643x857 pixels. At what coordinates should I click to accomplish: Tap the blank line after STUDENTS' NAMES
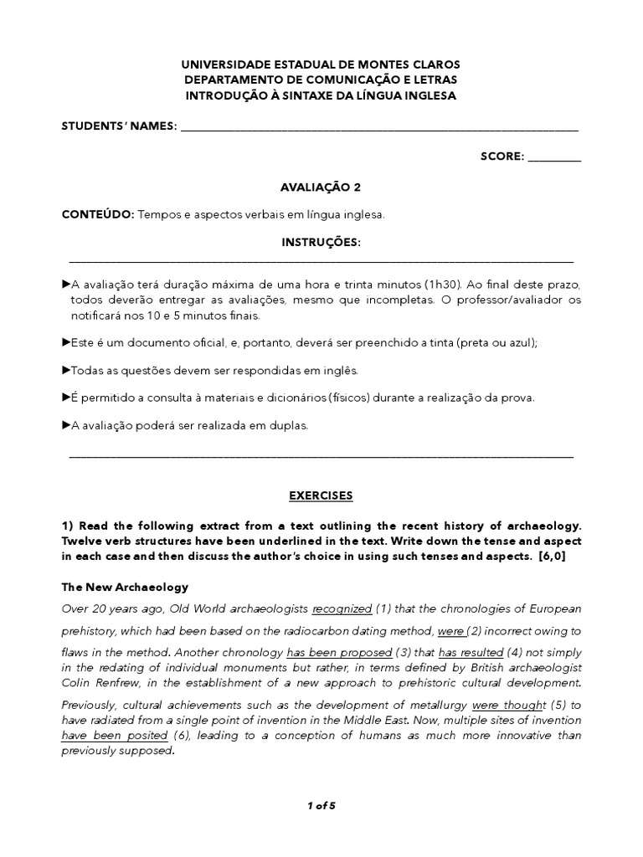pyautogui.click(x=379, y=127)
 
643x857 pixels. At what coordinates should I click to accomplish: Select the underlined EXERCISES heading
pyautogui.click(x=321, y=495)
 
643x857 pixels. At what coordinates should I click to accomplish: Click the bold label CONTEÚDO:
pyautogui.click(x=98, y=215)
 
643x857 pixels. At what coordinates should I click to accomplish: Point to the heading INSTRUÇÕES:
pyautogui.click(x=321, y=243)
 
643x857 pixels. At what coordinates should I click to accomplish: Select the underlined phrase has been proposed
pyautogui.click(x=339, y=652)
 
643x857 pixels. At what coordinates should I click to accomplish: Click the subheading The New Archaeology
pyautogui.click(x=125, y=587)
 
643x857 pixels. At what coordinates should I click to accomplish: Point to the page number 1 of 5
pyautogui.click(x=321, y=806)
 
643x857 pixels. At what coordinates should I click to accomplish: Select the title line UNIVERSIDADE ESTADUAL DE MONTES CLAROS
pyautogui.click(x=321, y=64)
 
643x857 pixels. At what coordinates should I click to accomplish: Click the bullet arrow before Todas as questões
pyautogui.click(x=66, y=369)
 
